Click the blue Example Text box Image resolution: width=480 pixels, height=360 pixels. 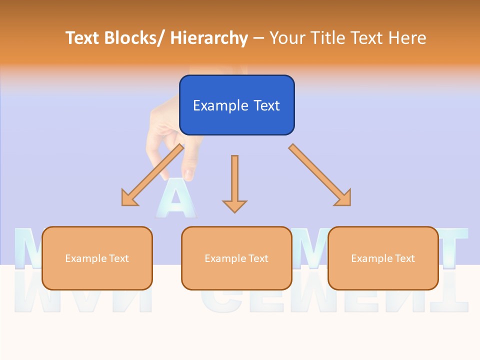(236, 105)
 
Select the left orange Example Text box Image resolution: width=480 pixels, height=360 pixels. (97, 258)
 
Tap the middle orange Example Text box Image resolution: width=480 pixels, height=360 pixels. (236, 258)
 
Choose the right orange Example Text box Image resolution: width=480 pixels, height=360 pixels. (383, 258)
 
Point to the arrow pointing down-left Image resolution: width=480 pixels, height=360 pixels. (152, 175)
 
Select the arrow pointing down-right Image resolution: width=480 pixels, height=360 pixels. (320, 175)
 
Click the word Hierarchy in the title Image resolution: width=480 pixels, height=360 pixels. (209, 38)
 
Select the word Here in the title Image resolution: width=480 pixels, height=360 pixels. (407, 38)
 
